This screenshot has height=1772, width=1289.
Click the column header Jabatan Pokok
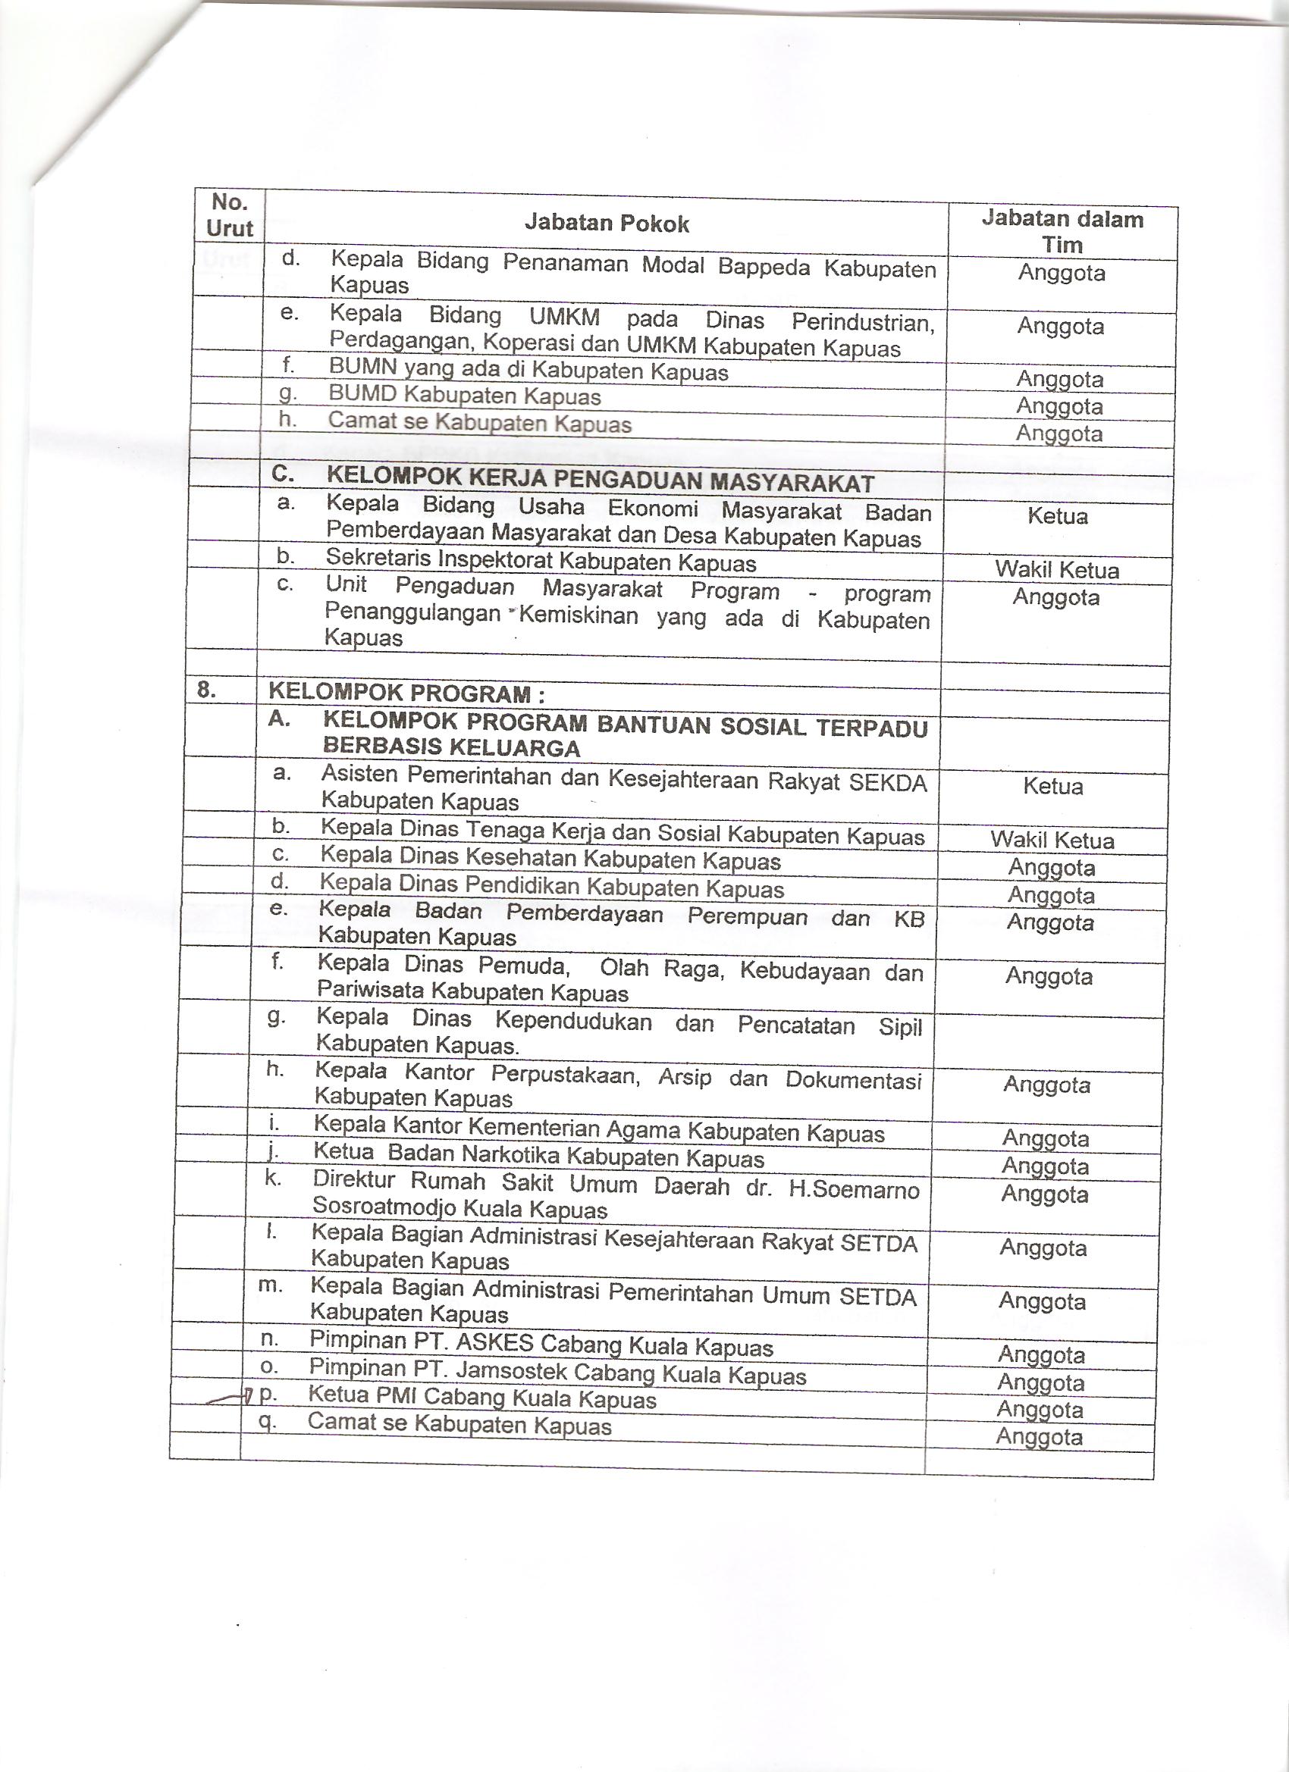[607, 224]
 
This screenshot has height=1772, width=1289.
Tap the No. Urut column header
[229, 216]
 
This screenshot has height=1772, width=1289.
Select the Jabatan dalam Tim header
[1062, 231]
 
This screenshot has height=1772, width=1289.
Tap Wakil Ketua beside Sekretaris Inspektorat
[1057, 571]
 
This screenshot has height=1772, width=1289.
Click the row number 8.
[205, 690]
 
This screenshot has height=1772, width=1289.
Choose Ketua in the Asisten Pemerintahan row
[1053, 786]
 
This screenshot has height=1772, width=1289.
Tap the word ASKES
[494, 1342]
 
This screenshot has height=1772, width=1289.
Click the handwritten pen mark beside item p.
[231, 1398]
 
